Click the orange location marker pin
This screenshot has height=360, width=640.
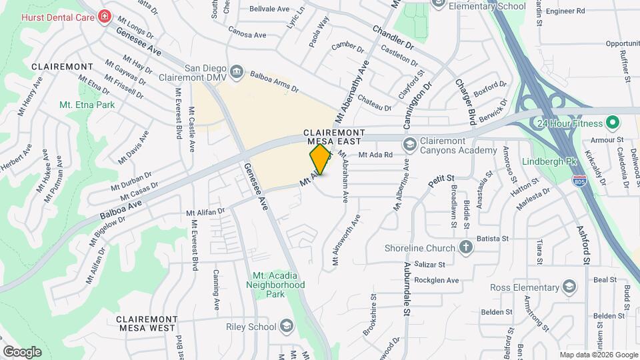tap(321, 159)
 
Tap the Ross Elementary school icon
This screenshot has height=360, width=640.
tap(569, 287)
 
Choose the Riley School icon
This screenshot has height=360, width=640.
tap(286, 326)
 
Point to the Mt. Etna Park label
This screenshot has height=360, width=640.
tap(87, 105)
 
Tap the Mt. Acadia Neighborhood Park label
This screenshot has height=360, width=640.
tap(275, 285)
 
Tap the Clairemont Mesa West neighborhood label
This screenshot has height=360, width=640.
tap(147, 323)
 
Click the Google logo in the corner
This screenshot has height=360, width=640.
tap(23, 351)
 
